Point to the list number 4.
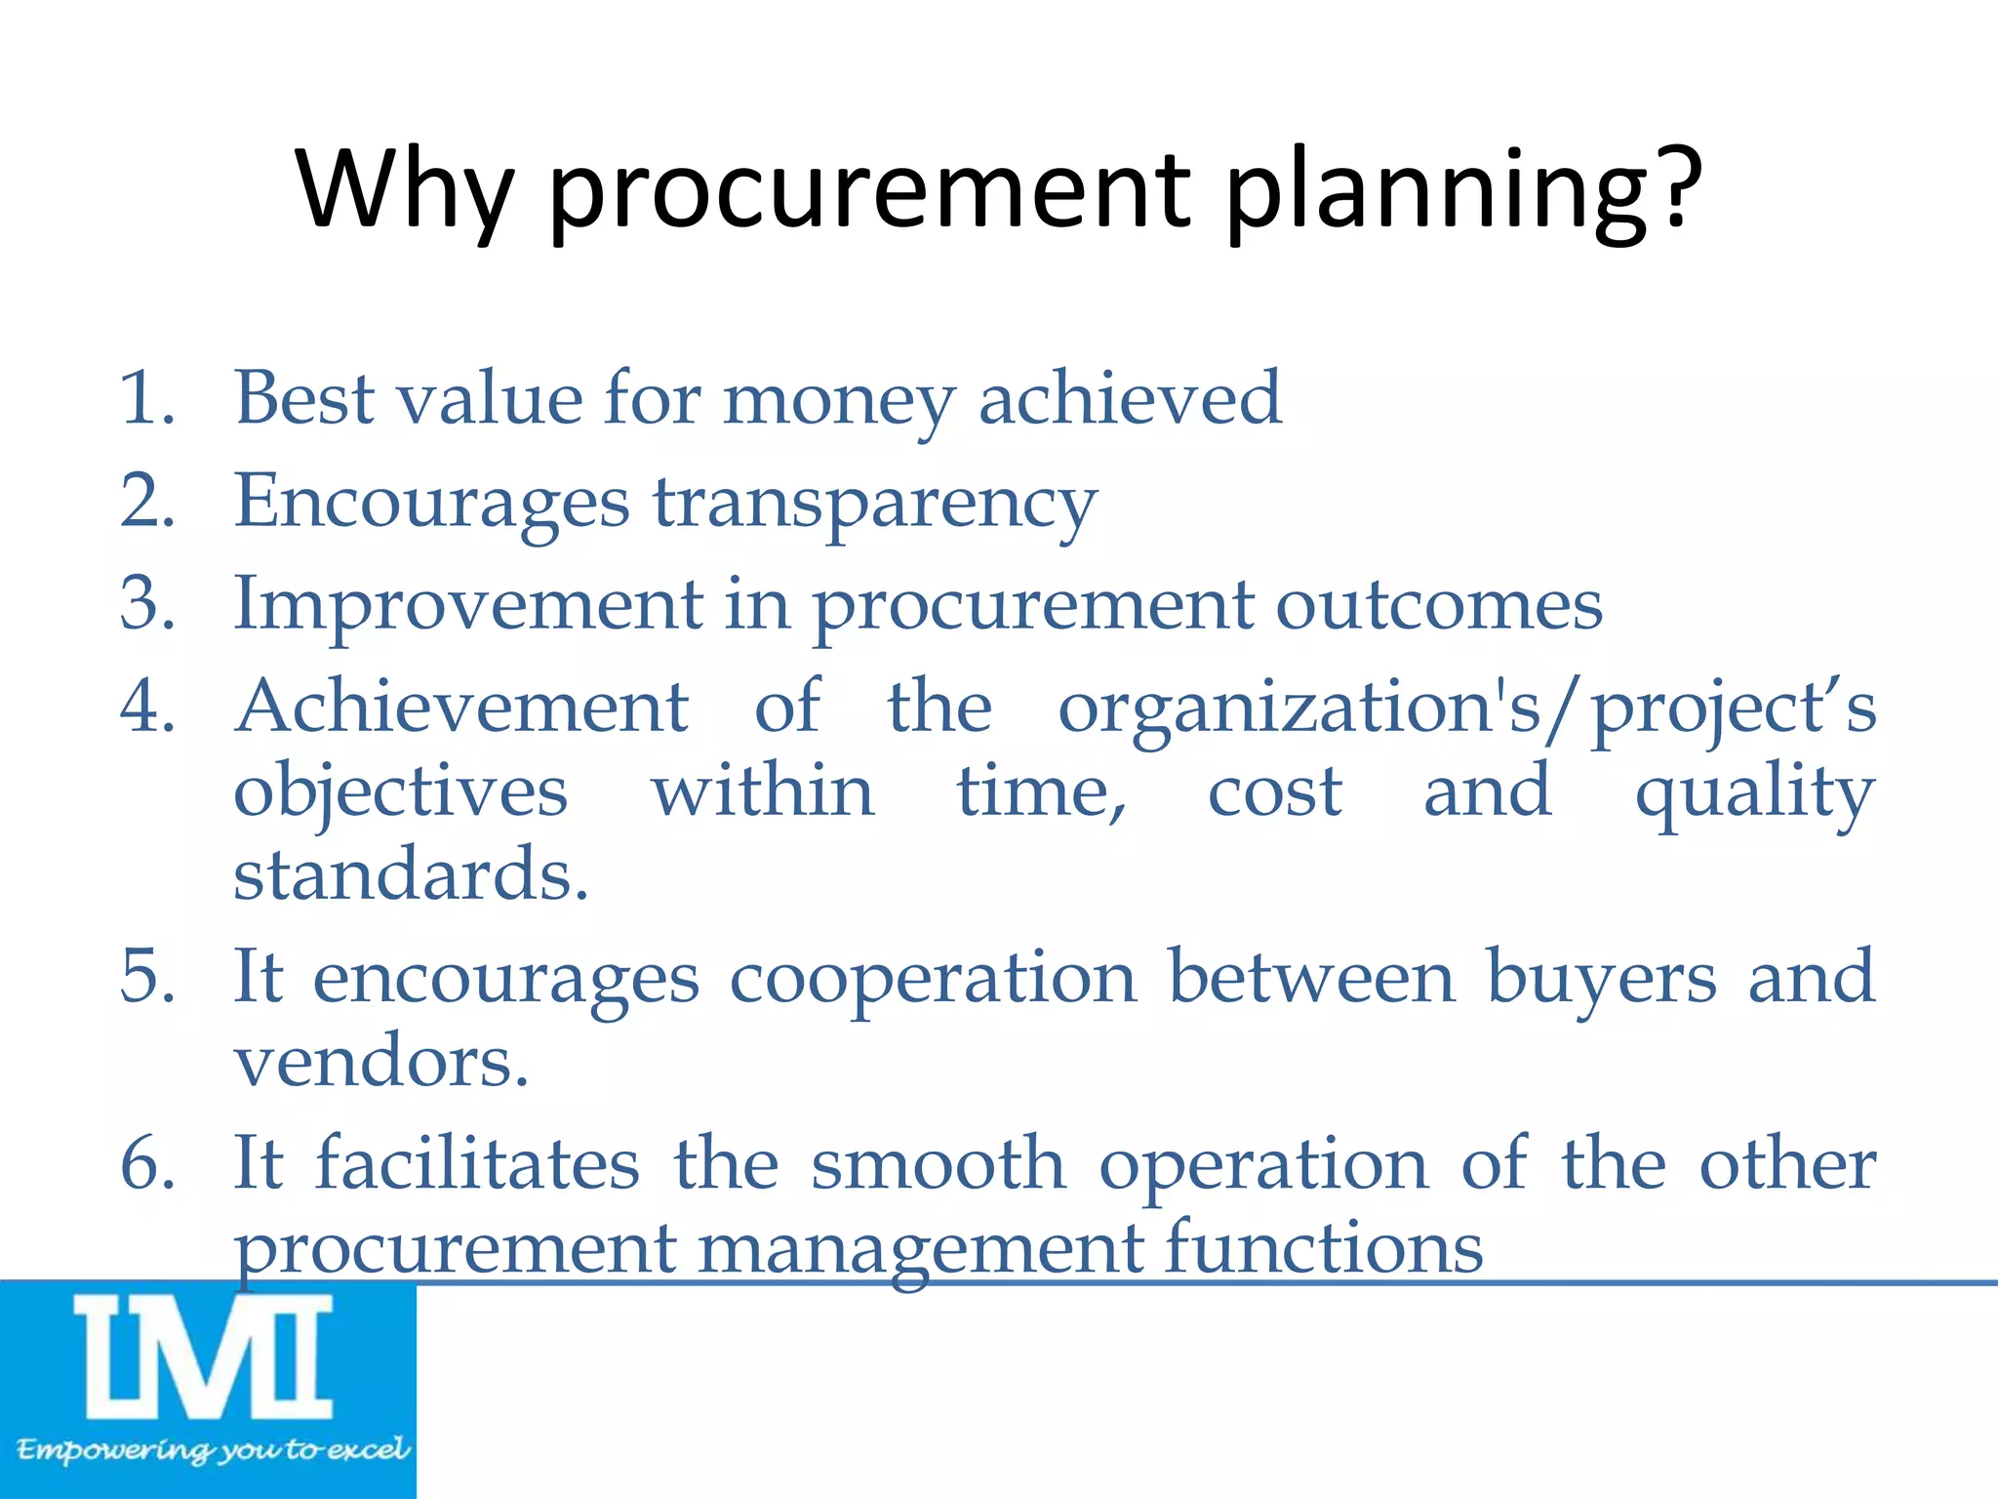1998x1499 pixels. click(146, 707)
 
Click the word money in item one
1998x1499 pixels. click(838, 402)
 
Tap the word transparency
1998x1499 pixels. click(875, 506)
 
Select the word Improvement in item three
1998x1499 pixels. click(468, 605)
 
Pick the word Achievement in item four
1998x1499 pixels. click(462, 707)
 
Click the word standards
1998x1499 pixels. click(411, 874)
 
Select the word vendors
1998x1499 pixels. click(380, 1062)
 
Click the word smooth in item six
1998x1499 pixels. click(939, 1165)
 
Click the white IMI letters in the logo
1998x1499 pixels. click(204, 1357)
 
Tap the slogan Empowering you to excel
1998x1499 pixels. click(212, 1449)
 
